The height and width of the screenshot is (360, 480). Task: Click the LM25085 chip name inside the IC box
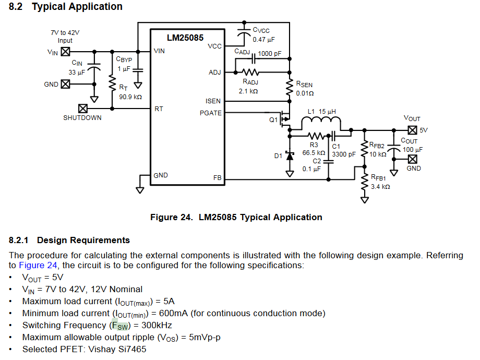click(x=185, y=38)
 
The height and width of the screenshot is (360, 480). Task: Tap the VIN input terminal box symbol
click(x=66, y=52)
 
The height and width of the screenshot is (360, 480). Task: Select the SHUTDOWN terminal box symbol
click(x=82, y=109)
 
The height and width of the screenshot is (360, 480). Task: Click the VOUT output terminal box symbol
click(x=412, y=130)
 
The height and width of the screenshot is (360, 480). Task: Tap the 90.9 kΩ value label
click(x=130, y=97)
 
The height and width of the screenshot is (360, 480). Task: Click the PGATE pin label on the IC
click(x=210, y=113)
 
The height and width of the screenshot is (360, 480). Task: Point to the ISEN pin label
click(x=213, y=101)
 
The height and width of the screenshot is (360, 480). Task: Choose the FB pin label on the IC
click(x=217, y=178)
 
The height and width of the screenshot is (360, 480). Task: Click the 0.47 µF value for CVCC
click(x=264, y=39)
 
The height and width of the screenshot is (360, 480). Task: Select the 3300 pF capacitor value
click(x=344, y=154)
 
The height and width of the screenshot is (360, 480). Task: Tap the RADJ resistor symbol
click(x=250, y=72)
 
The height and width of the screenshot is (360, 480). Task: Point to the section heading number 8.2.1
click(x=20, y=241)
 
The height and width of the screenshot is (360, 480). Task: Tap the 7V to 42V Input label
click(x=65, y=37)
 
